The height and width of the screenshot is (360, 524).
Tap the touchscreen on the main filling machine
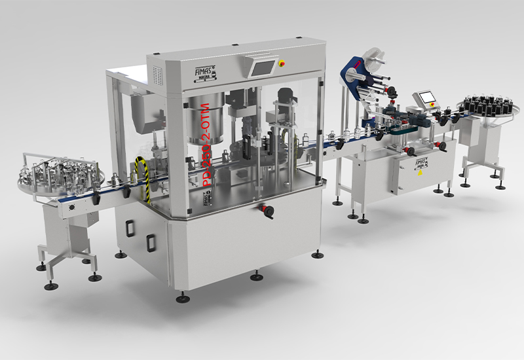[263, 67]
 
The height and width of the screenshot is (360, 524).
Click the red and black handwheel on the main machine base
[266, 211]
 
